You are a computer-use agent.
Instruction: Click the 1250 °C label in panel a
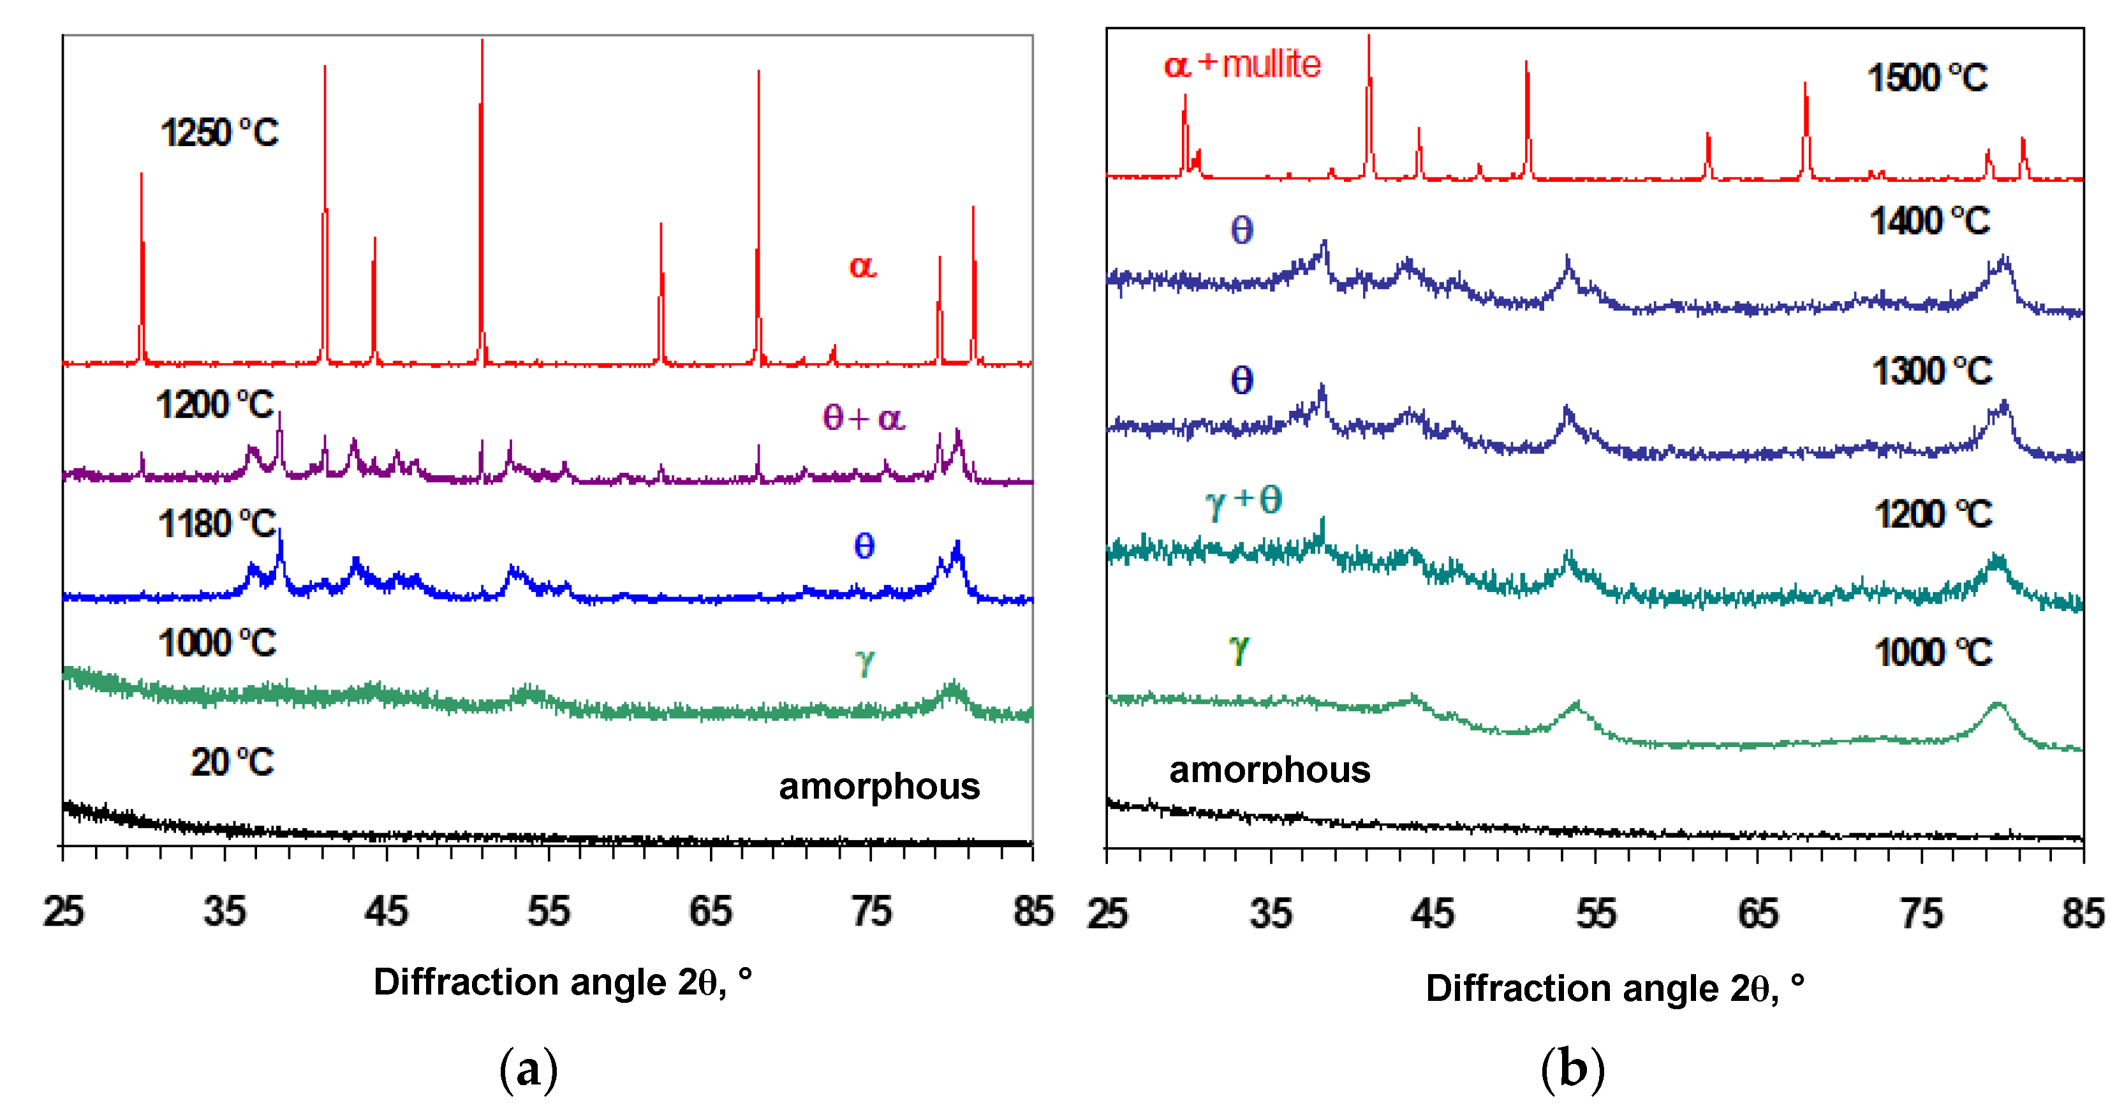coord(219,133)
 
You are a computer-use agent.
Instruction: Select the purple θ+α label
coord(863,418)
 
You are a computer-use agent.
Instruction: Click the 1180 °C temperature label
coord(217,524)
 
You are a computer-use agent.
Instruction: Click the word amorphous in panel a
coord(879,787)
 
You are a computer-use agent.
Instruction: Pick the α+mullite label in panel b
coord(1242,64)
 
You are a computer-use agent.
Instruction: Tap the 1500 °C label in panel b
coord(1927,78)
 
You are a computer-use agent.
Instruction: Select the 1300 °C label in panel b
coord(1931,372)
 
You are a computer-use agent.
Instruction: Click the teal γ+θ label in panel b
coord(1243,500)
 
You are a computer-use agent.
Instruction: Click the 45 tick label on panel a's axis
coord(386,912)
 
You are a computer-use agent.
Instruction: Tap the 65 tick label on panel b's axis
coord(1758,914)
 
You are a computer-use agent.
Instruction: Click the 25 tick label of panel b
coord(1107,914)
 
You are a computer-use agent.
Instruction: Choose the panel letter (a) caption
coord(529,1069)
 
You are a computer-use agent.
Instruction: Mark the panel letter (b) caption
coord(1572,1069)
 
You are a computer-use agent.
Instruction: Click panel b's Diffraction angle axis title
coord(1614,988)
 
